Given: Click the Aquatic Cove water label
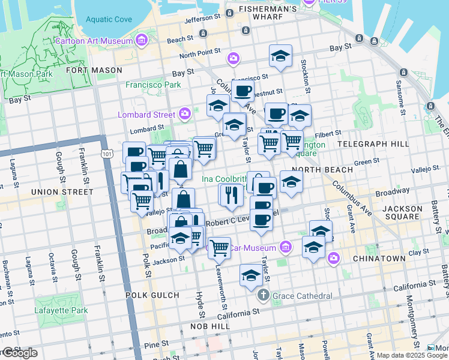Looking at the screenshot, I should point(108,19).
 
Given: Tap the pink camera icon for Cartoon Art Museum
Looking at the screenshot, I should point(142,41).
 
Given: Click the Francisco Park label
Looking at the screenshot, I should point(153,85).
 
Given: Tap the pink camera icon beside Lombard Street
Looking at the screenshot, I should point(185,113).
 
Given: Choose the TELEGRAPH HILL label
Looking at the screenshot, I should point(373,144).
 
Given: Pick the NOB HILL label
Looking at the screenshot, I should point(207,326).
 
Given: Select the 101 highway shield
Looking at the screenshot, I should point(107,154).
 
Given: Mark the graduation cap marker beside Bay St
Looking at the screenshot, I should point(280,56).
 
